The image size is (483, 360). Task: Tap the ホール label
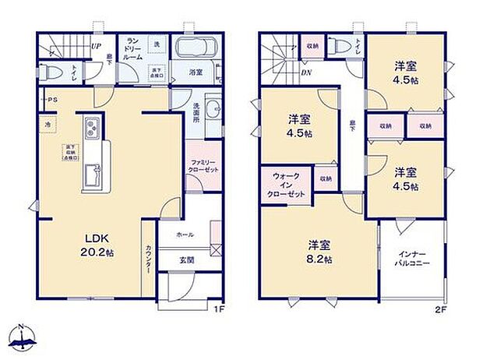coord(185,235)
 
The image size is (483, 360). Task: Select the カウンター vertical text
coord(149,259)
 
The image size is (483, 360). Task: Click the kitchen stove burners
coord(89,125)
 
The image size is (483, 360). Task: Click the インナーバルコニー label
coord(412,260)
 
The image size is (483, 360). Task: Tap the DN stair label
coord(305,76)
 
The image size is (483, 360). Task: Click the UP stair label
coord(96,45)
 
